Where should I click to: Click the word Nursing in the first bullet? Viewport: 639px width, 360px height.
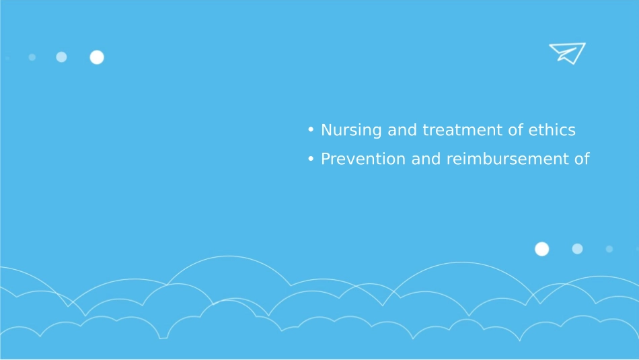[351, 131]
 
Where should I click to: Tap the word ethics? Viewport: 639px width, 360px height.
[552, 130]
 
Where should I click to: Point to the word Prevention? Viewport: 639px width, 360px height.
[363, 159]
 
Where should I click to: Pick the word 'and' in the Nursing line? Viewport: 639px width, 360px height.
[402, 130]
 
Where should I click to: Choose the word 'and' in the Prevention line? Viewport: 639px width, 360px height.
[426, 159]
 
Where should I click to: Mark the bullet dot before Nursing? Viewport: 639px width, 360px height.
[311, 130]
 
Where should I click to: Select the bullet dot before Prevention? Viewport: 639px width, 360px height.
[311, 159]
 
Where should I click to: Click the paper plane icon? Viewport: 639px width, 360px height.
[567, 53]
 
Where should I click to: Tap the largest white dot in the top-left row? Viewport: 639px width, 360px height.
[97, 57]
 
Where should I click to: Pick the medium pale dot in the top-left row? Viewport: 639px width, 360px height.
[61, 57]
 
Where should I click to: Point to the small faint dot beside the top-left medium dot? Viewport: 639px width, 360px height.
[32, 57]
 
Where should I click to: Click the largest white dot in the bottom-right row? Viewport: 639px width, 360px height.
[542, 249]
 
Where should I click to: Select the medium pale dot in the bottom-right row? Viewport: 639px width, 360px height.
[578, 249]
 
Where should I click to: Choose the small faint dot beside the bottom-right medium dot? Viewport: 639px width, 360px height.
[609, 249]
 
